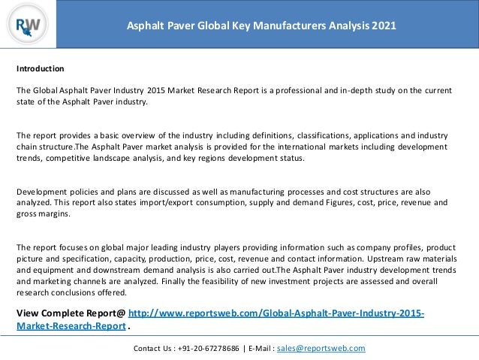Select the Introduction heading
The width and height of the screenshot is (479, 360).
pos(41,68)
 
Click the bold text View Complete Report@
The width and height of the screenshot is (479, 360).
pos(71,313)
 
